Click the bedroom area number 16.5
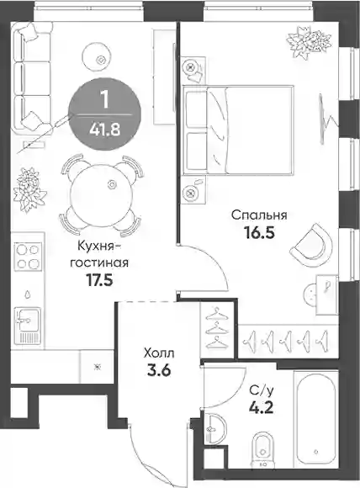click(260, 232)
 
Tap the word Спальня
click(259, 215)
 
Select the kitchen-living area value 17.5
click(99, 280)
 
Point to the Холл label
click(159, 353)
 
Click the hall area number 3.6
click(159, 370)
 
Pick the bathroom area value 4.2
click(261, 406)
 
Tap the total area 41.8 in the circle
click(105, 130)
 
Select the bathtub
click(316, 423)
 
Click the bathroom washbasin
click(215, 428)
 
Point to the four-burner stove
click(28, 257)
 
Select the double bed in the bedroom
click(238, 130)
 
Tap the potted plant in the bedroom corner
click(309, 43)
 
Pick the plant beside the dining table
click(29, 190)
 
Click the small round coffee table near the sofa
click(97, 57)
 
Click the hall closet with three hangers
click(217, 331)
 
